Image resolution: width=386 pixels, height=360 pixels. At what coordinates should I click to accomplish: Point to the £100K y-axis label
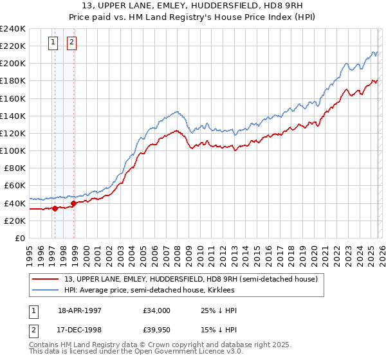pyautogui.click(x=12, y=150)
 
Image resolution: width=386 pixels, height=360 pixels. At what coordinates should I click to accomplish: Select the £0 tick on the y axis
pyautogui.click(x=20, y=238)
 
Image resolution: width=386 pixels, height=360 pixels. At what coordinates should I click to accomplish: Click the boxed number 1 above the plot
pyautogui.click(x=53, y=43)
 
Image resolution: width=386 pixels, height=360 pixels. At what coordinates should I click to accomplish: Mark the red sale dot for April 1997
pyautogui.click(x=55, y=208)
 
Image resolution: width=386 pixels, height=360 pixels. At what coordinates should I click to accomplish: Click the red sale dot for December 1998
pyautogui.click(x=74, y=203)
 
